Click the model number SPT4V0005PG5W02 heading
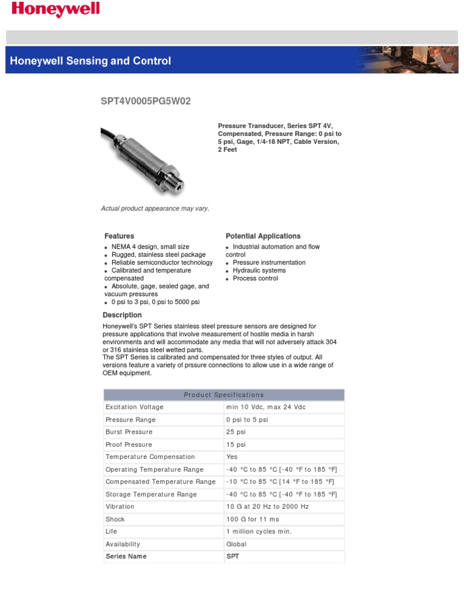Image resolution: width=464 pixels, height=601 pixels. click(x=145, y=101)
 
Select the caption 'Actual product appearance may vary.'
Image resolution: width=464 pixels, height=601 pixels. click(x=155, y=209)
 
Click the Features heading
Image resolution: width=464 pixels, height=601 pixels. click(x=119, y=236)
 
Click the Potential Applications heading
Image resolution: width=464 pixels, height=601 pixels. click(x=263, y=236)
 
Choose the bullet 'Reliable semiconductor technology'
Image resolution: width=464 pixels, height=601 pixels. click(x=162, y=262)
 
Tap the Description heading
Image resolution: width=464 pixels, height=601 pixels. click(x=122, y=315)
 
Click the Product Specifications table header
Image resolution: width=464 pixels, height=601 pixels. click(x=224, y=395)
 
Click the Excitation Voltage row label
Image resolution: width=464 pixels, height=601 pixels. click(x=134, y=407)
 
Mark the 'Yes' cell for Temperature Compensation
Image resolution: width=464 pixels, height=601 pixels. click(x=232, y=456)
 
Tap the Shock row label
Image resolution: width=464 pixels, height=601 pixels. click(x=115, y=519)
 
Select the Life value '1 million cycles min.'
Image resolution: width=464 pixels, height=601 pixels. click(x=259, y=531)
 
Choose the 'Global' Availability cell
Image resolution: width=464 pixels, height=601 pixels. click(x=236, y=544)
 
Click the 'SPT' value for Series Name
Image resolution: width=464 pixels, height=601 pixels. click(x=233, y=556)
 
